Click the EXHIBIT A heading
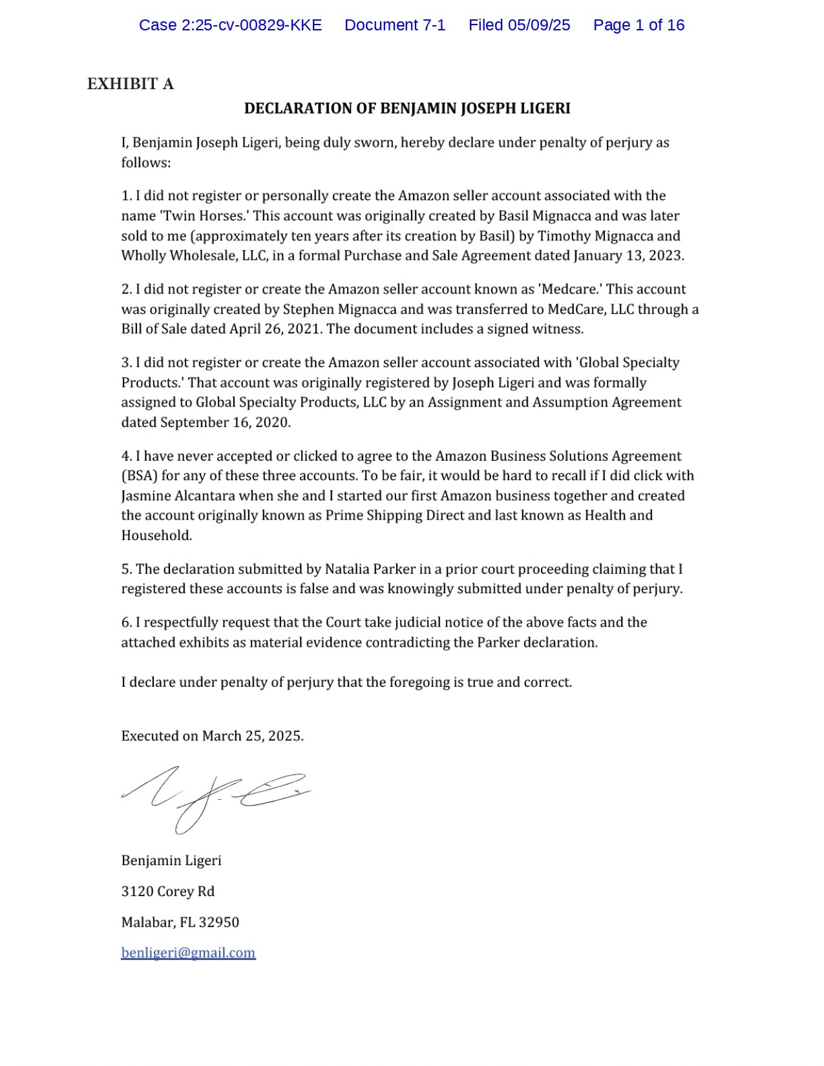pos(131,84)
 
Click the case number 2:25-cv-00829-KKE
pos(230,25)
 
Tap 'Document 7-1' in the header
pos(395,25)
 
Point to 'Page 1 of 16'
pos(639,25)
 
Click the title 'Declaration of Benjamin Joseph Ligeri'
pos(407,109)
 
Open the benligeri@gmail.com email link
pos(188,953)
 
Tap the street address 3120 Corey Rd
pos(168,892)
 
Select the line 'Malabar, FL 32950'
pos(180,923)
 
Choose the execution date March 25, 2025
pos(252,736)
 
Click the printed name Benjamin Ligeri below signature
pos(171,861)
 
